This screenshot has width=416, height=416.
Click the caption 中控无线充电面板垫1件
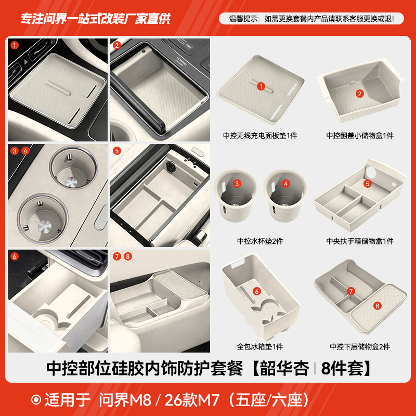(260, 136)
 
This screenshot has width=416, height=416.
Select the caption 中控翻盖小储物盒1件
(360, 136)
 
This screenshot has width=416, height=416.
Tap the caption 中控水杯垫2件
(260, 241)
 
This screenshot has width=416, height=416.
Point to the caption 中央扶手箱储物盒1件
(360, 241)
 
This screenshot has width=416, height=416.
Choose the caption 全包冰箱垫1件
(260, 346)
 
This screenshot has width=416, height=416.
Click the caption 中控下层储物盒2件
(360, 346)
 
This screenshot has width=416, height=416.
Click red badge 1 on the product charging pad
(261, 87)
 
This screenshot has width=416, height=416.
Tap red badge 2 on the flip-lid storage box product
(359, 94)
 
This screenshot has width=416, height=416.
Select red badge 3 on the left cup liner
(237, 184)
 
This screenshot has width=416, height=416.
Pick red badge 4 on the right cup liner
(285, 184)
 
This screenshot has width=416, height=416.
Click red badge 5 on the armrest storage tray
(367, 184)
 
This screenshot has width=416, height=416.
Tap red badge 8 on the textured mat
(378, 306)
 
